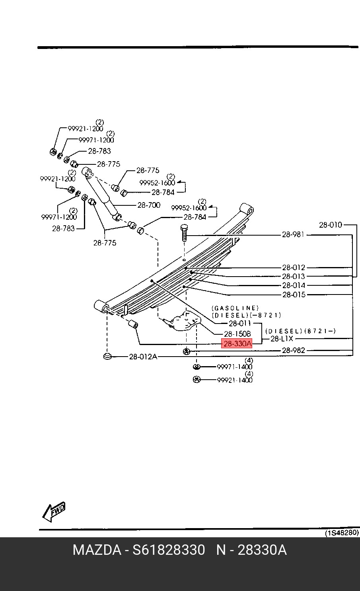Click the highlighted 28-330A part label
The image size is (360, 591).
pos(237,344)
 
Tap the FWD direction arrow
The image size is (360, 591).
pos(54,511)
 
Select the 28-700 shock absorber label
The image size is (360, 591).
pos(149,205)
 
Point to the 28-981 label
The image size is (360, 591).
pos(293,234)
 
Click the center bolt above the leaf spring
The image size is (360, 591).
pos(184,233)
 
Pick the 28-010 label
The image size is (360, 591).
pos(331,225)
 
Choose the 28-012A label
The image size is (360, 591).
pos(143,357)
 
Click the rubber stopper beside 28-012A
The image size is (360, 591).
pos(107,356)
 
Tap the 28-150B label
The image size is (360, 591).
pos(237,334)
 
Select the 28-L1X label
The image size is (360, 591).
pos(282,339)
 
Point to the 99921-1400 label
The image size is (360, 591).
pos(235,380)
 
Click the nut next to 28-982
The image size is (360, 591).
pos(187,351)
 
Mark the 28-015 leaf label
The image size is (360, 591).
pos(294,295)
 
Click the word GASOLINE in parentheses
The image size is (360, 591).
pos(235,308)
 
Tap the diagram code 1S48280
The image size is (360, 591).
pos(342,532)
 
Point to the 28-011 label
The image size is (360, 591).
pos(240,323)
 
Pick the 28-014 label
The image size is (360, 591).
pos(294,285)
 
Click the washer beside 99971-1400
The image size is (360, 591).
pos(197,367)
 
